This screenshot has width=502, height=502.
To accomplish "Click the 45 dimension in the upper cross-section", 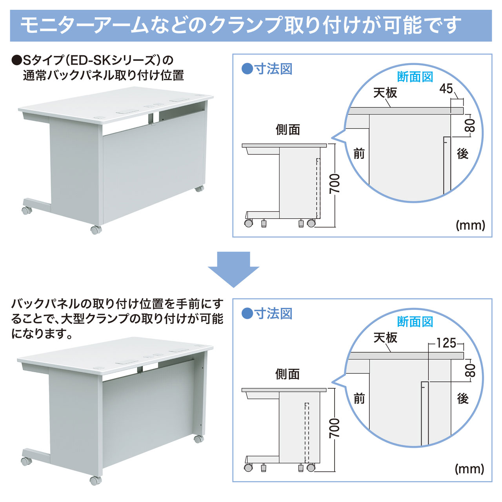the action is pos(446,89).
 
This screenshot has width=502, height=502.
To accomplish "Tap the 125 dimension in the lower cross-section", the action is pos(446,343).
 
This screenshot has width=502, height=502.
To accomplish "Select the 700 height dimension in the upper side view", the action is pos(335,184).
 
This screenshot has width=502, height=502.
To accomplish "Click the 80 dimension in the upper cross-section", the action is pos(470,125).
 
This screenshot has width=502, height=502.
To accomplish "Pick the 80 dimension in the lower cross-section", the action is pos(470,371).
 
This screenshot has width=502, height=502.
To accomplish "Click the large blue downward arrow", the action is pos(233,269).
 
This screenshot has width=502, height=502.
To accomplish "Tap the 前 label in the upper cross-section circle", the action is pos(359,153).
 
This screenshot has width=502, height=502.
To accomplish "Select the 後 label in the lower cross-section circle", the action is pos(463,398).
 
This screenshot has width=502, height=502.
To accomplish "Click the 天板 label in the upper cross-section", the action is pos(385,93).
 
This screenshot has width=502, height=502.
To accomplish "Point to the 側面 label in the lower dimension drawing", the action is pos(287,374).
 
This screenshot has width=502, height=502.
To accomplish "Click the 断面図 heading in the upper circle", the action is pos(415,77).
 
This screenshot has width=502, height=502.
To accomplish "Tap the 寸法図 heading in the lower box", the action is pos(273,314).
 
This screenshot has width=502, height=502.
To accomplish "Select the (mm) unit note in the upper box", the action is pos(471,225).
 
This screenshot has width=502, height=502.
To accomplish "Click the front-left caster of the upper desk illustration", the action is pos(96,230).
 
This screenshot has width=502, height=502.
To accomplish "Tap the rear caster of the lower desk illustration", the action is pos(198,439).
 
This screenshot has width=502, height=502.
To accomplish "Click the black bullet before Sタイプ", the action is pos(17,61).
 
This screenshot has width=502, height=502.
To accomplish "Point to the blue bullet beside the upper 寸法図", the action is pos(247,69).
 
